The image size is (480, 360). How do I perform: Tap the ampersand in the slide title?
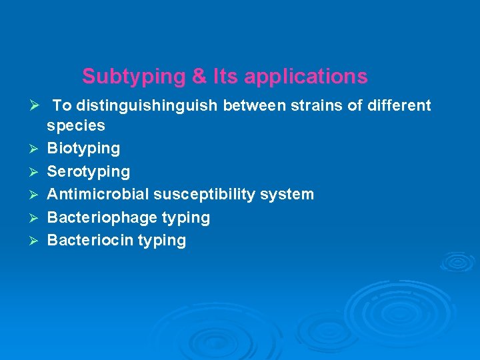tap(199, 77)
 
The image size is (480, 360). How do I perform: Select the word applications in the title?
tap(306, 77)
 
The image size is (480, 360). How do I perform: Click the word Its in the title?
tap(225, 77)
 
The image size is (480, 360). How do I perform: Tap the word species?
tap(76, 125)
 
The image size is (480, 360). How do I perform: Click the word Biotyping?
tap(83, 148)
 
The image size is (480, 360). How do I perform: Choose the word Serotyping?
tap(89, 171)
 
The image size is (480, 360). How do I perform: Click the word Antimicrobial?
tap(98, 194)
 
